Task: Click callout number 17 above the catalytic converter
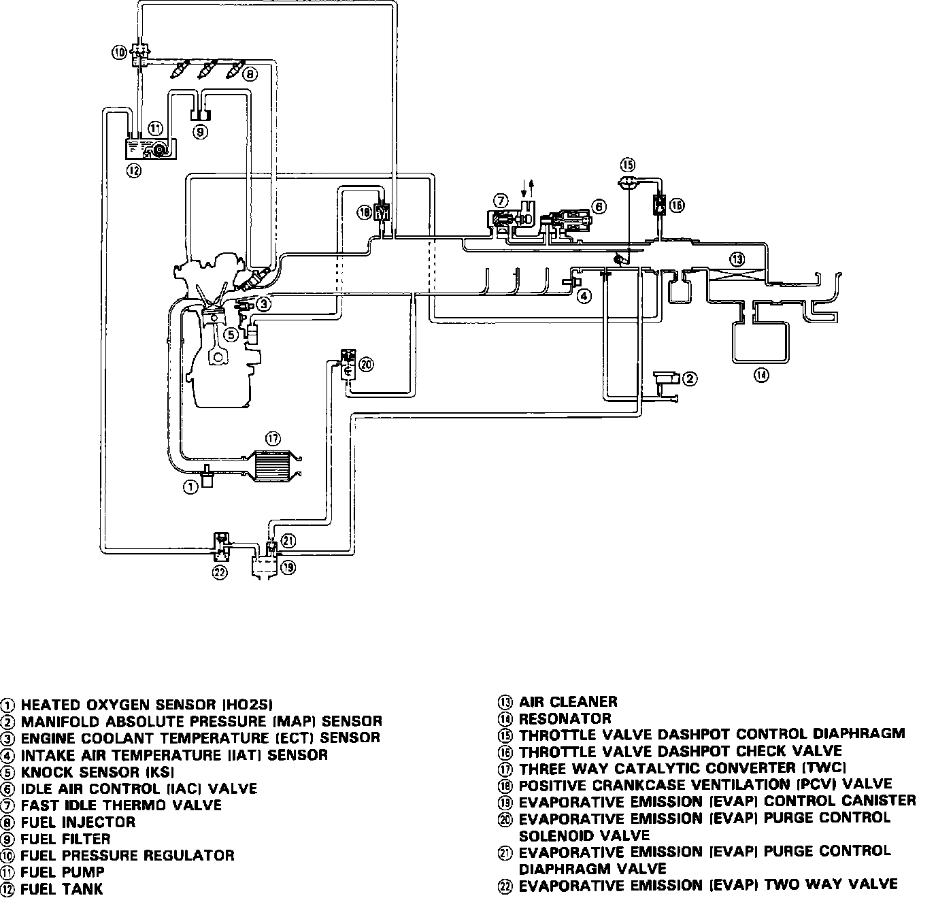273,439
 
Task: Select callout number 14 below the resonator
761,374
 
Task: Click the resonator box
759,342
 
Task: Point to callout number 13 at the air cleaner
738,259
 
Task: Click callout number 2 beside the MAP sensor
690,379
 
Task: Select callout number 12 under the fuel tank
133,171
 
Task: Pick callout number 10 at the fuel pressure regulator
119,52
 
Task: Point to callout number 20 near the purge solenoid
366,365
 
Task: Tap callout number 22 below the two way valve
219,573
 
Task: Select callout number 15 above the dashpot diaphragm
628,165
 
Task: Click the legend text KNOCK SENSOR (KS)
97,772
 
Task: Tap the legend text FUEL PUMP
63,872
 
